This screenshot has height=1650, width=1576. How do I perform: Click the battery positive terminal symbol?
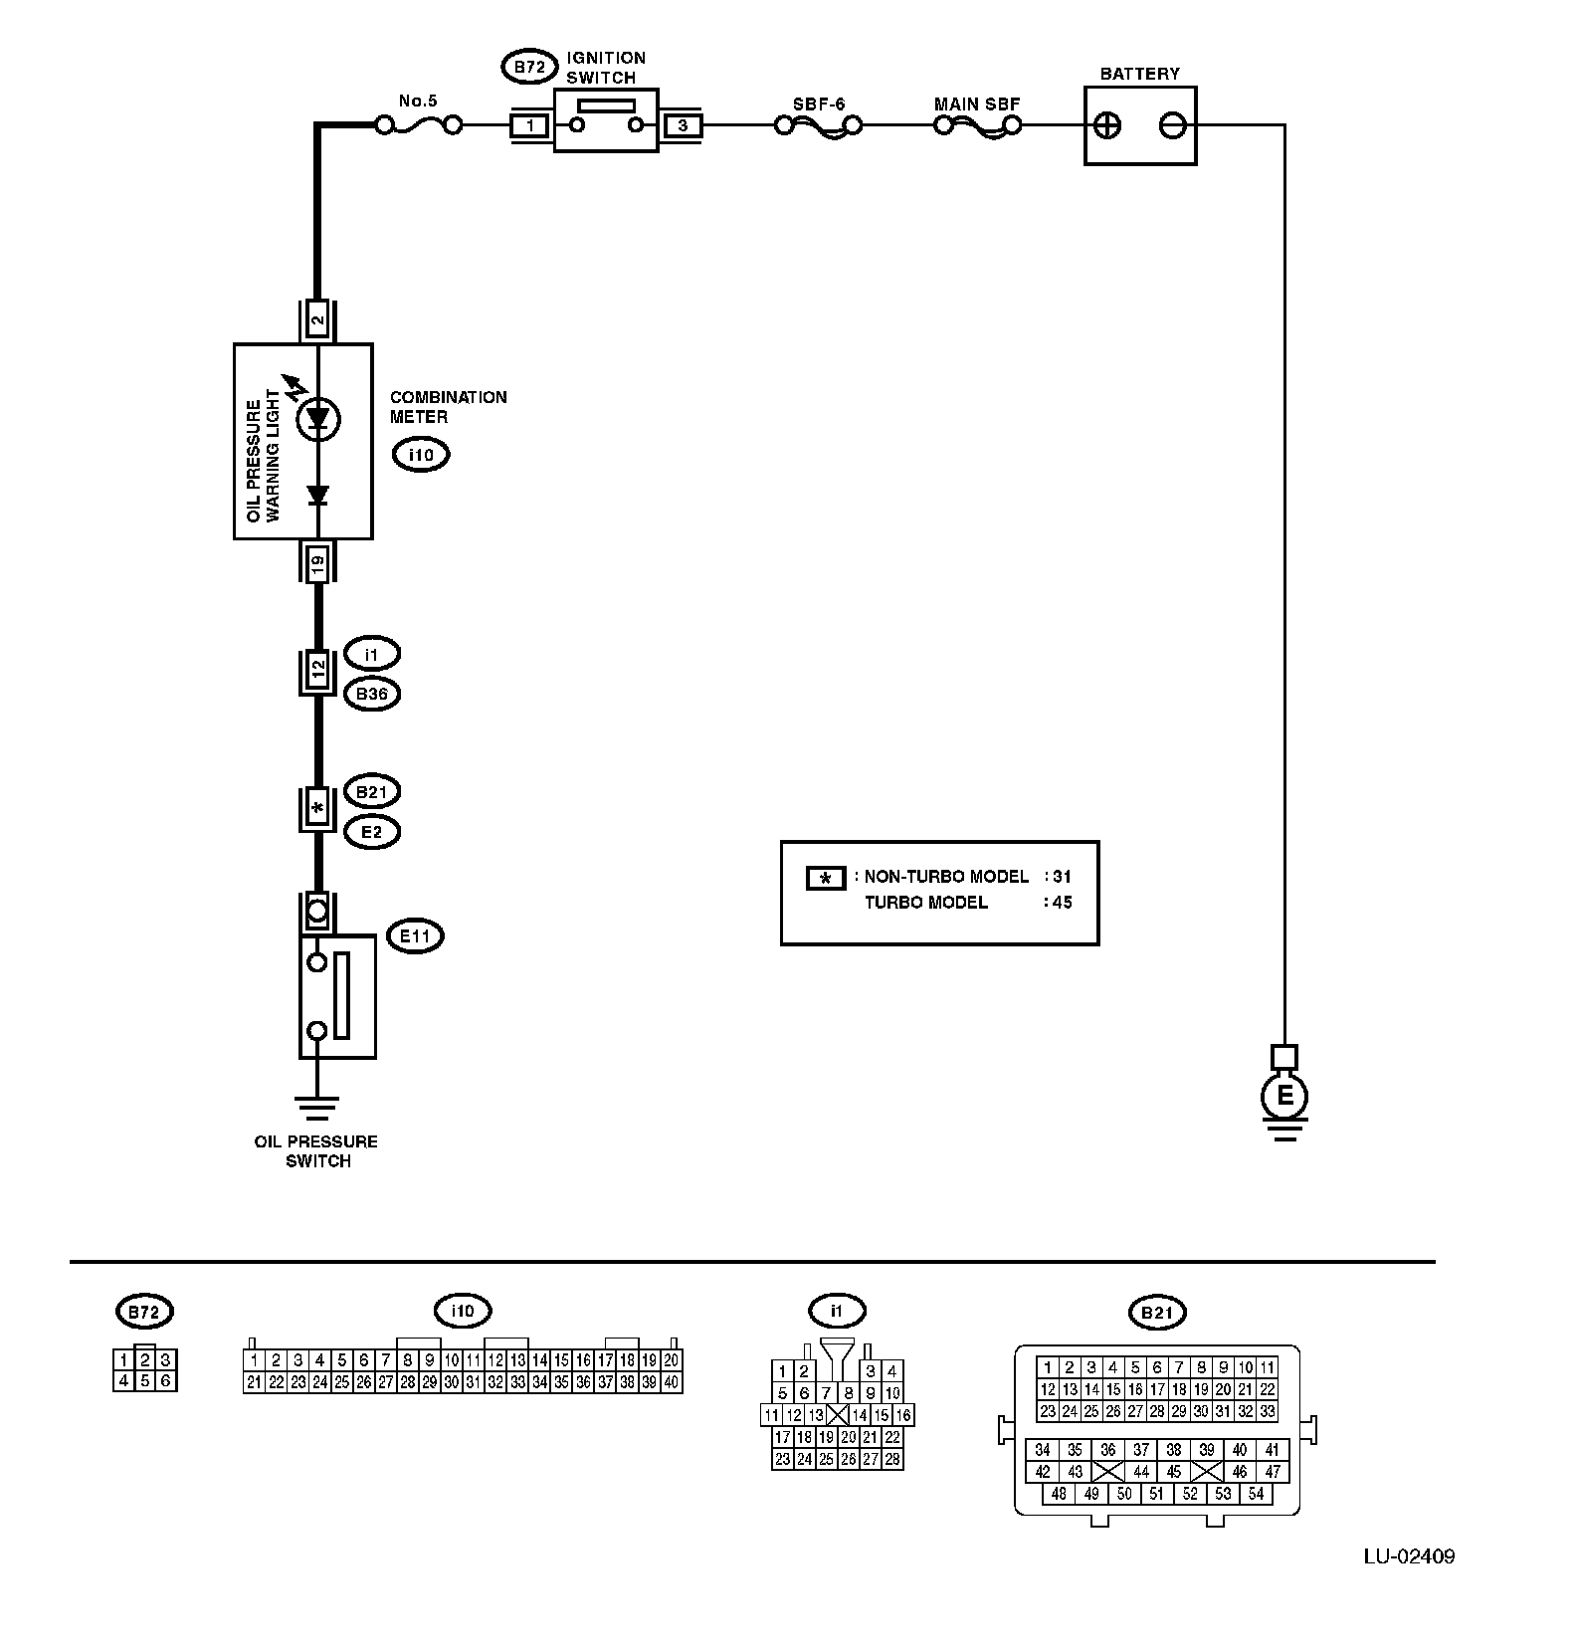1107,125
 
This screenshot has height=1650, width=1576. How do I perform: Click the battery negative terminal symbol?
1173,125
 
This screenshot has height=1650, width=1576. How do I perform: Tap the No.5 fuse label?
418,101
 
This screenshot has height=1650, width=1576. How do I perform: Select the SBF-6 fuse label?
819,103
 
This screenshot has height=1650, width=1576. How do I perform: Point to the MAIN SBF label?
977,103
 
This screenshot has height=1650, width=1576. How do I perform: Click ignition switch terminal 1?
530,125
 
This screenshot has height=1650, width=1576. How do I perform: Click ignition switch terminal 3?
683,125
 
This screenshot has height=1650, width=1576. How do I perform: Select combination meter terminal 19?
318,562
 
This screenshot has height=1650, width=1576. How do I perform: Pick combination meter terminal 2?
318,320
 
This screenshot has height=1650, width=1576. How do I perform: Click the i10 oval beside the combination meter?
421,455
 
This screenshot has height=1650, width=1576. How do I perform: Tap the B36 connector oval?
371,694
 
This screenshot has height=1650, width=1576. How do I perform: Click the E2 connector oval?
371,831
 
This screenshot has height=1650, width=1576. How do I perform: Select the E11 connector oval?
415,935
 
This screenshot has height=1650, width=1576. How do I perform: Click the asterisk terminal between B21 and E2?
318,809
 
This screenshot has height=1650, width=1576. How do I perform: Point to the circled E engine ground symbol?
1284,1097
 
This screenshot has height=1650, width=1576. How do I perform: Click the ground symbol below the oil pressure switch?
317,1106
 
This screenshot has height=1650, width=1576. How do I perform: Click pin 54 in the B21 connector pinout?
1256,1493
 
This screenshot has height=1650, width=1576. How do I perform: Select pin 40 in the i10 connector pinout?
672,1382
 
